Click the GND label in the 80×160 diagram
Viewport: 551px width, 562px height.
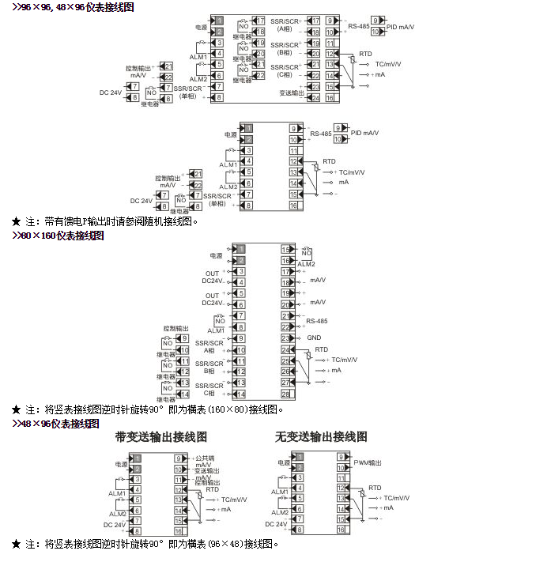pyautogui.click(x=313, y=338)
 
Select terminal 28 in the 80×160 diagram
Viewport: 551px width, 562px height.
pyautogui.click(x=285, y=393)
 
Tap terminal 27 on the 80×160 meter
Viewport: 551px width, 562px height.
pyautogui.click(x=285, y=382)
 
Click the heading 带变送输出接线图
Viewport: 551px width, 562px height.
pyautogui.click(x=160, y=436)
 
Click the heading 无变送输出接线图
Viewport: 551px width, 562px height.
pyautogui.click(x=320, y=436)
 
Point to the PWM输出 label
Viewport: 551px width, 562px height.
pyautogui.click(x=367, y=462)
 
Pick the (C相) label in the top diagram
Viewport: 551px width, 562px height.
pyautogui.click(x=284, y=74)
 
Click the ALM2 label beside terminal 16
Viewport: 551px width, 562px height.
pyautogui.click(x=306, y=263)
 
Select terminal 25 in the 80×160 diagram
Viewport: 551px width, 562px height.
pyautogui.click(x=285, y=360)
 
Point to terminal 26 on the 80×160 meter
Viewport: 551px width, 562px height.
pyautogui.click(x=285, y=371)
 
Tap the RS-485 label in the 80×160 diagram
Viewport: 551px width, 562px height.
pyautogui.click(x=317, y=321)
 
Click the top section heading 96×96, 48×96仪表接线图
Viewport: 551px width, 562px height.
pyautogui.click(x=72, y=6)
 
